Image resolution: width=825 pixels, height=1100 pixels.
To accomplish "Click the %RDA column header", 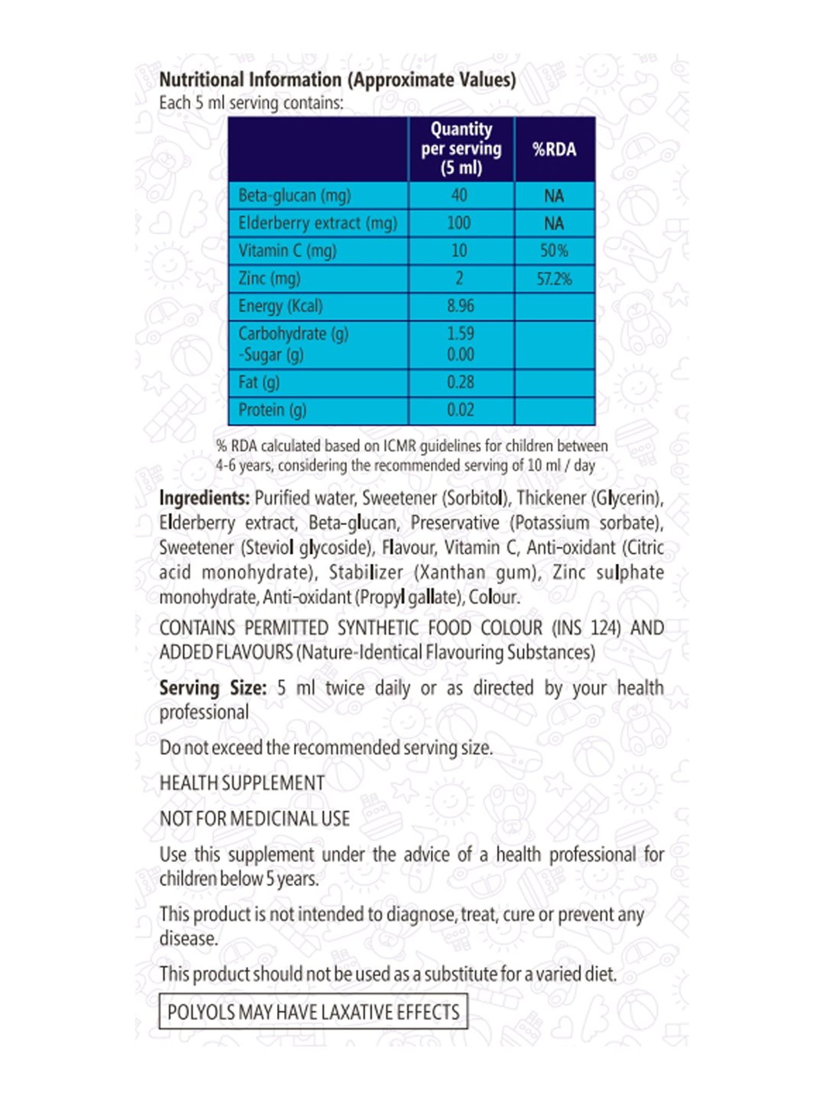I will pos(554,150).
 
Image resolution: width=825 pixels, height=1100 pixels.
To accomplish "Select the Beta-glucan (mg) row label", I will pos(294,195).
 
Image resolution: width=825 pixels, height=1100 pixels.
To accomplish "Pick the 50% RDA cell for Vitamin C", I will pos(554,251).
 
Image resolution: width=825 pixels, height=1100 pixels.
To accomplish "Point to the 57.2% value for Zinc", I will pos(554,279).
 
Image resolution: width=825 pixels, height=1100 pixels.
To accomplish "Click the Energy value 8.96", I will pos(460,306).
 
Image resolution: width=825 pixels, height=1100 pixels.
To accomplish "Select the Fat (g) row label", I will pos(259,382).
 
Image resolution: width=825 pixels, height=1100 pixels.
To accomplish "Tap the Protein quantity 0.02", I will pos(460,410).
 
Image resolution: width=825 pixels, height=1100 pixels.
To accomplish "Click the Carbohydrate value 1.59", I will pos(460,333).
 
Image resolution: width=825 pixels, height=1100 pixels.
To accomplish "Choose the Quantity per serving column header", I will pos(461,148).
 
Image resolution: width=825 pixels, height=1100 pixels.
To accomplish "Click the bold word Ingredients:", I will pos(204,498).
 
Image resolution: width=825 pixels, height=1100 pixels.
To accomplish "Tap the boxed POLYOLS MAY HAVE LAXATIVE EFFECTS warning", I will pos(313,1011).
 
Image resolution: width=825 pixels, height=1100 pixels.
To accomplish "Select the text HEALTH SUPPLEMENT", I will pos(242,783).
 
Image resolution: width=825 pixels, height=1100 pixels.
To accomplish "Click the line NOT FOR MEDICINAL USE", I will pos(254,819).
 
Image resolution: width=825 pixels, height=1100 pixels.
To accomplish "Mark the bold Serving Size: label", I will pos(213,688).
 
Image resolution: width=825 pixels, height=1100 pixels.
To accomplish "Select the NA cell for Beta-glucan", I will pos(554,196).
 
